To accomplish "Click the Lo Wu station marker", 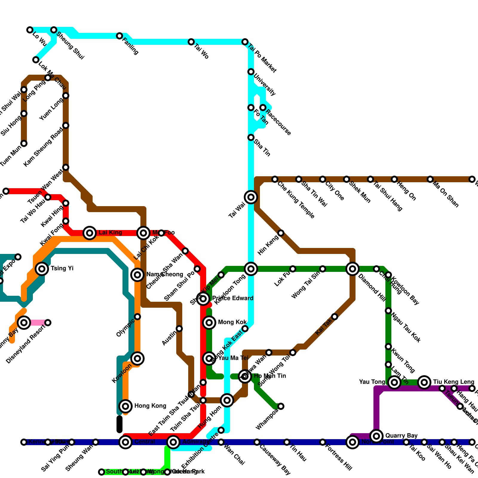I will [x=30, y=30].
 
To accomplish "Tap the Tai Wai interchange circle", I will [x=251, y=197].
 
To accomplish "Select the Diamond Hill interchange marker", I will [x=353, y=269].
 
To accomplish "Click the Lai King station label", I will [x=110, y=233].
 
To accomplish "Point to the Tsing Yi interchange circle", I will [x=42, y=269].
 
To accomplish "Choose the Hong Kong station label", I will [x=150, y=406].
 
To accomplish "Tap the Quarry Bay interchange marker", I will [x=376, y=436].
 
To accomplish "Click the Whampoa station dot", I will [x=281, y=406].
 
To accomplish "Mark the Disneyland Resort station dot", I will [x=48, y=323].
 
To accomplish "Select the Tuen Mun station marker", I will [x=24, y=143].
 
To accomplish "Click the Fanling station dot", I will [x=119, y=36].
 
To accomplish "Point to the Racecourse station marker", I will [x=263, y=108].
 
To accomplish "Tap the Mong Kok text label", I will [x=232, y=322].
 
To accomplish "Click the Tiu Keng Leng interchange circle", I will [x=424, y=382].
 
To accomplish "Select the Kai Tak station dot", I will [x=335, y=317].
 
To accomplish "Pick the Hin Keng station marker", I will [x=281, y=233].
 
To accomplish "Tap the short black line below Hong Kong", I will [x=119, y=424].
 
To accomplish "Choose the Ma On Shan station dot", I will [x=430, y=179].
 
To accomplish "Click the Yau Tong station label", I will [x=372, y=382].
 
